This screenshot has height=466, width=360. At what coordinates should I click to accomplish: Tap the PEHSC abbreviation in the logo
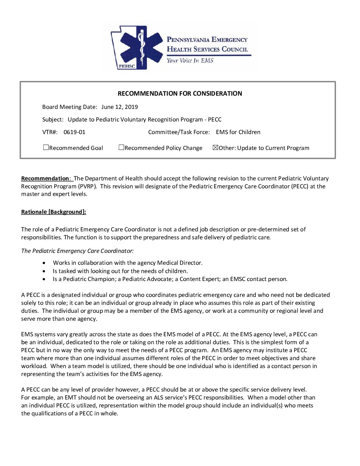[127, 66]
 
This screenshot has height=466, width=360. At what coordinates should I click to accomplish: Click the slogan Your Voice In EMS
[190, 61]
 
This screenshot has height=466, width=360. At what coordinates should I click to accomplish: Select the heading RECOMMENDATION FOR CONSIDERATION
[180, 94]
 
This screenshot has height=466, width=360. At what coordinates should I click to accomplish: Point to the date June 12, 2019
[119, 107]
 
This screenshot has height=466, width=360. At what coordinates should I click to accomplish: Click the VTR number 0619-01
[74, 132]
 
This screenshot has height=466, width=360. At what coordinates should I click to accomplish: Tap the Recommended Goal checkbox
[46, 148]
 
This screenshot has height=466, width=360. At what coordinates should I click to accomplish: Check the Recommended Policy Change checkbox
[121, 148]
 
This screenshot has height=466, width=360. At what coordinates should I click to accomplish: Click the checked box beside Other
[215, 148]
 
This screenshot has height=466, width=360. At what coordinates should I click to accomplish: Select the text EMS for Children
[238, 132]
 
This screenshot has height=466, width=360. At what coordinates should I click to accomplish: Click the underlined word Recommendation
[45, 178]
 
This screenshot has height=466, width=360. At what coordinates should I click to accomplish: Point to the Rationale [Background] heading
[54, 212]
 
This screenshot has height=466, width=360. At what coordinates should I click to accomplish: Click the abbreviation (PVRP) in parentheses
[87, 186]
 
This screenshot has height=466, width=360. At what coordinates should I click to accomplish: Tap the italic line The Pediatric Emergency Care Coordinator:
[77, 251]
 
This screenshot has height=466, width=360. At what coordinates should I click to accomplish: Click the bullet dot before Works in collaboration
[44, 263]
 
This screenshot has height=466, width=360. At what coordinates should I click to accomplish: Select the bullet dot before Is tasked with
[44, 271]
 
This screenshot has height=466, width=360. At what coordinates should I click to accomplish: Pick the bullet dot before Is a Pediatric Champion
[44, 279]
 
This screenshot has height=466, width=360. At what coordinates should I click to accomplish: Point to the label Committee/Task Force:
[179, 132]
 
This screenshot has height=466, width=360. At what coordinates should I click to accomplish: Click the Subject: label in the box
[53, 119]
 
